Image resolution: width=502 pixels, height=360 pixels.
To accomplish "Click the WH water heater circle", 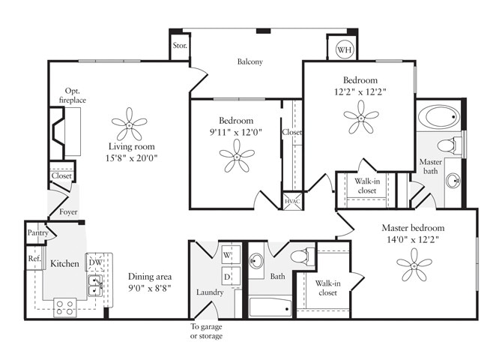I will click(344, 50).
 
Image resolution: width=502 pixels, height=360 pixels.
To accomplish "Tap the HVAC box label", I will click(291, 201).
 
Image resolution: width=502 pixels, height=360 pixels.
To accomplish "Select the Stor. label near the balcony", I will click(179, 46).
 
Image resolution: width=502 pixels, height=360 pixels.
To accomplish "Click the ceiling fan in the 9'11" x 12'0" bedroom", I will click(236, 156).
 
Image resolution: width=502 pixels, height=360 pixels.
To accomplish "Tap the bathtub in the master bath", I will click(438, 118).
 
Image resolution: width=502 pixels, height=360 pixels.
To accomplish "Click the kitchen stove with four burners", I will click(64, 307).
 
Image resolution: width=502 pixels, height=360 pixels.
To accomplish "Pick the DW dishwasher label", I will click(95, 261).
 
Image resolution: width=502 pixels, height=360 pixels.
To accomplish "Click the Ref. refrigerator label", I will click(34, 259).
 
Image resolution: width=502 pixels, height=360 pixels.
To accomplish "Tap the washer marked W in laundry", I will click(228, 256).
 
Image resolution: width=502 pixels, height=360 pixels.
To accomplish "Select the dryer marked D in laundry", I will click(228, 277).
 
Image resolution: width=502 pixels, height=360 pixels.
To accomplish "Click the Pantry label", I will click(38, 233).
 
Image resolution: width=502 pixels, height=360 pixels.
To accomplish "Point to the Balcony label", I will click(250, 62).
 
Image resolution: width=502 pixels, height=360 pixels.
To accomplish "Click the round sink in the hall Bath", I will click(257, 262).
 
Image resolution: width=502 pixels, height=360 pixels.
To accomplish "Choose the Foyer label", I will click(69, 212).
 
